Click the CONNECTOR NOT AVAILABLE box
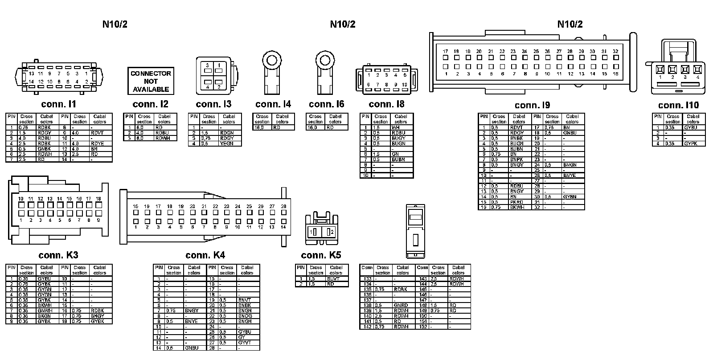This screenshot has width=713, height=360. pos(151,81)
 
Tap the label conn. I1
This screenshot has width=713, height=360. pos(59,104)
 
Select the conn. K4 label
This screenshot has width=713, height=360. pos(205,255)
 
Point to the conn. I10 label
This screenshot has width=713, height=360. pos(679,105)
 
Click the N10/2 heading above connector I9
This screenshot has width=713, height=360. pos(570,24)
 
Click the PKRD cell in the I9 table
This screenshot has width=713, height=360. pos(517,202)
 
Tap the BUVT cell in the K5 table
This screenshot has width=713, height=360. pos(333,278)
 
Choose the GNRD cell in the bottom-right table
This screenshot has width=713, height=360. pos(401,305)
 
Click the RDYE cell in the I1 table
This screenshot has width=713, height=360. pos(98,143)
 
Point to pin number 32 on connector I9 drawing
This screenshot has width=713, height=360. pos(615,51)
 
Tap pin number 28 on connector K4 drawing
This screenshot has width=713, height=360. pos(283,206)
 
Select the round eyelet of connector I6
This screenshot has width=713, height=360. pos(325,59)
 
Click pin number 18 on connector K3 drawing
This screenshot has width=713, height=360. pos(98,199)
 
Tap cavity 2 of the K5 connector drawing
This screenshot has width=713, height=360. pos(330,232)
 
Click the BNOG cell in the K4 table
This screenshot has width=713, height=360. pos(245,316)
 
